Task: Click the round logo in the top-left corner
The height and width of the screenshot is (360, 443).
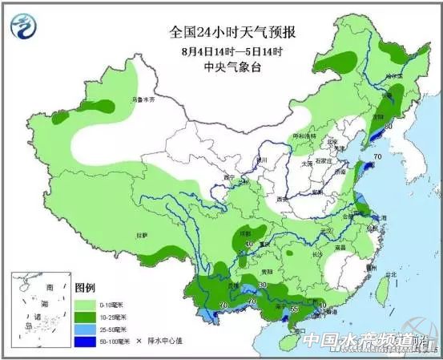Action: [x=26, y=26]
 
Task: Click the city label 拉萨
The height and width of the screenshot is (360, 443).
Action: [x=142, y=235]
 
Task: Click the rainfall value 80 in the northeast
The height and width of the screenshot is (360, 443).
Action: [x=389, y=126]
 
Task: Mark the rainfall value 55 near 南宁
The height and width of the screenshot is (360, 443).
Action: [x=295, y=308]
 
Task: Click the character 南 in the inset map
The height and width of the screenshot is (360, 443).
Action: [x=50, y=287]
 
